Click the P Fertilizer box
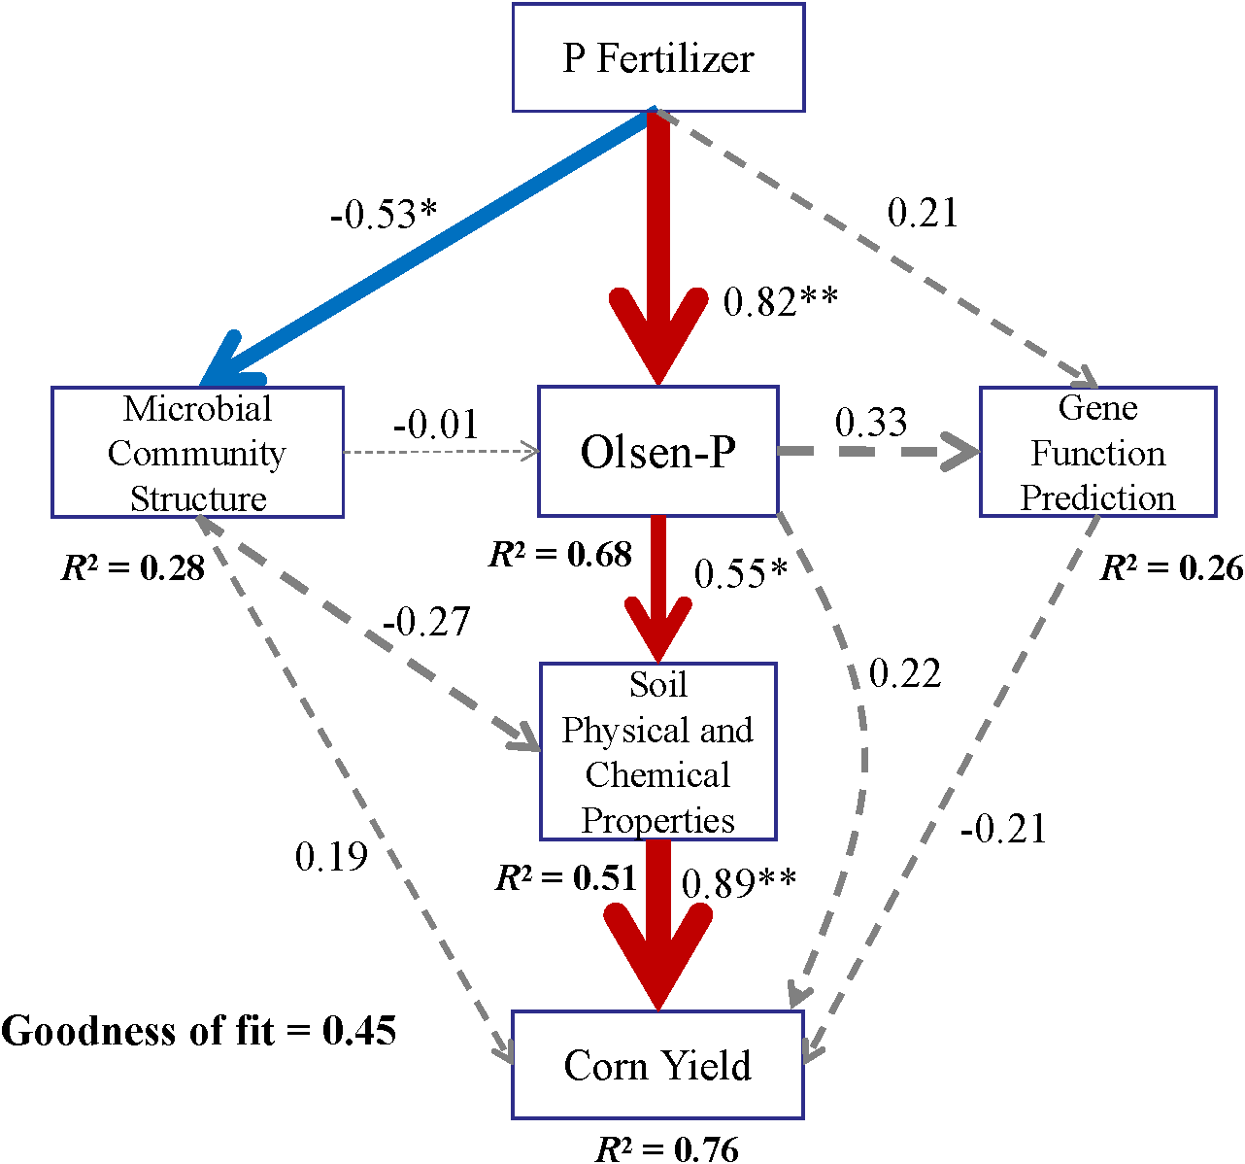pyautogui.click(x=658, y=58)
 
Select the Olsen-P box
pyautogui.click(x=658, y=452)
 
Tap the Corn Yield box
pyautogui.click(x=658, y=1065)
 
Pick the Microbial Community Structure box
pyautogui.click(x=197, y=453)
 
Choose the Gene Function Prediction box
pyautogui.click(x=1097, y=453)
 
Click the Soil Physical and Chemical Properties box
pyautogui.click(x=658, y=752)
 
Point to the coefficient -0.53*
pyautogui.click(x=385, y=214)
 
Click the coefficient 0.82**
pyautogui.click(x=780, y=302)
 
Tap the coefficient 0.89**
pyautogui.click(x=739, y=883)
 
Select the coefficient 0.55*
pyautogui.click(x=741, y=574)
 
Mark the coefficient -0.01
pyautogui.click(x=436, y=425)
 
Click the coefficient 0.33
pyautogui.click(x=871, y=423)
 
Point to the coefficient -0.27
pyautogui.click(x=426, y=622)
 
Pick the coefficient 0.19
pyautogui.click(x=331, y=857)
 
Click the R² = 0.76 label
pyautogui.click(x=667, y=1149)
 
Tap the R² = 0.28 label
pyautogui.click(x=133, y=567)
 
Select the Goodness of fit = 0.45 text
pyautogui.click(x=199, y=1031)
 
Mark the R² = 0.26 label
pyautogui.click(x=1171, y=568)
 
